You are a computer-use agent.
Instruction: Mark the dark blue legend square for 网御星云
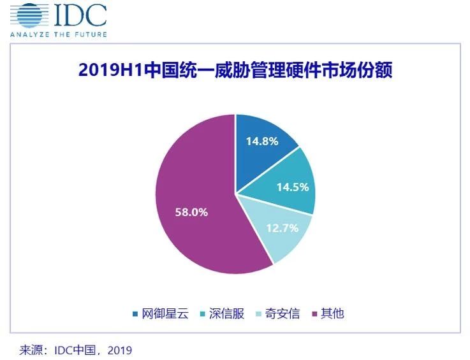tap(135, 313)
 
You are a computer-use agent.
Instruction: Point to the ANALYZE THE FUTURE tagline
tap(58, 34)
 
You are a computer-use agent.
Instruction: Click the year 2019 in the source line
tap(119, 349)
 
